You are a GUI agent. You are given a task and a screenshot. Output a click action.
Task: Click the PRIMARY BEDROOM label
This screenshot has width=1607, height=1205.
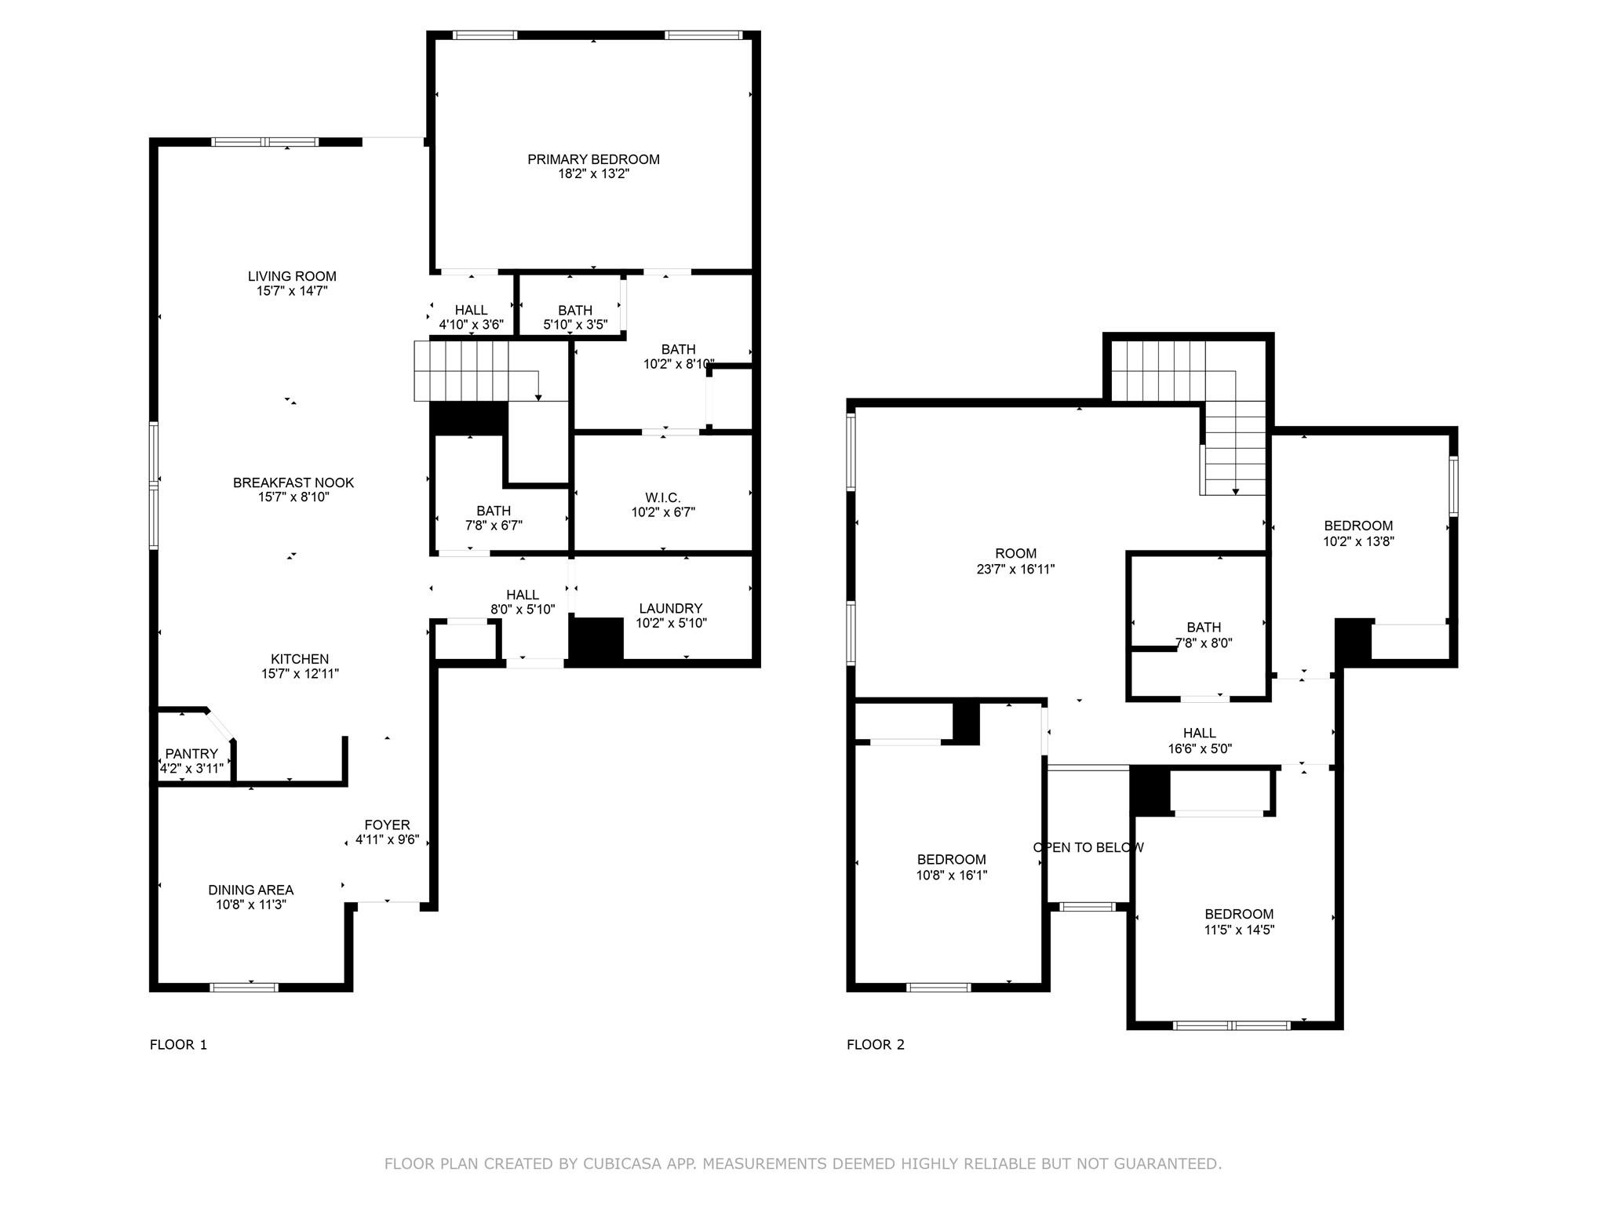coord(593,159)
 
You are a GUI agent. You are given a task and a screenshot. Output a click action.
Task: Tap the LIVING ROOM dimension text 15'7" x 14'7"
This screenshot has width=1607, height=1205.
coord(292,291)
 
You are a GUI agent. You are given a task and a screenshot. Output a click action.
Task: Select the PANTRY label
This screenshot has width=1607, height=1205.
coord(191,754)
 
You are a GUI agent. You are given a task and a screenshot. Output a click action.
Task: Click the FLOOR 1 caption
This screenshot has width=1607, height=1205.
coord(178,1044)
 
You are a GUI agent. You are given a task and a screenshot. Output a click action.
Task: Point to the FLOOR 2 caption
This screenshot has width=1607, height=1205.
coord(875,1044)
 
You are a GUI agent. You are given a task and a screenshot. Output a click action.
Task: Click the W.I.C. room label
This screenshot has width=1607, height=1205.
coord(663,497)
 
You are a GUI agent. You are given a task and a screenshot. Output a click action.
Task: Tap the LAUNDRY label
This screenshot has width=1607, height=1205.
coord(670,608)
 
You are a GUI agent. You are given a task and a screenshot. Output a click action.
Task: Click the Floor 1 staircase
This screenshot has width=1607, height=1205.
coord(471,371)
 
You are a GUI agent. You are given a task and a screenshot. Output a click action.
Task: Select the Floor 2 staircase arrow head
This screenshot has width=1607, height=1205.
coord(1236,491)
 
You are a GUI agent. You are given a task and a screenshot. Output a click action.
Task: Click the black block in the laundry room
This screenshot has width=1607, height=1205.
coord(596,639)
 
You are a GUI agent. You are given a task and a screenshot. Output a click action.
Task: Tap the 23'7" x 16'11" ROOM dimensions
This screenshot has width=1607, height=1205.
coord(1015,570)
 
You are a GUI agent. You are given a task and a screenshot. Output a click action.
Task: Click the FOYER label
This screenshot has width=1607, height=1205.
coord(387,825)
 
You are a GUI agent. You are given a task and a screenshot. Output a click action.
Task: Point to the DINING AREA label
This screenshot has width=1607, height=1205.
coord(250,890)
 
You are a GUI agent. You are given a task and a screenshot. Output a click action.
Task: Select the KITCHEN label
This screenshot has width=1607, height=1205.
coord(300,659)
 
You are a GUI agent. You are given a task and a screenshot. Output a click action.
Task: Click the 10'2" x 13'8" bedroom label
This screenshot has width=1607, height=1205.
coord(1358,526)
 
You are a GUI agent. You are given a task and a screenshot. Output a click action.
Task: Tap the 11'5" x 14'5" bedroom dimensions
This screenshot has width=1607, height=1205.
coord(1239,930)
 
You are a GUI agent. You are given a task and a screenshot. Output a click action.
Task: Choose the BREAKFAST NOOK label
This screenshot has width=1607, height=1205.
coord(293,482)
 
